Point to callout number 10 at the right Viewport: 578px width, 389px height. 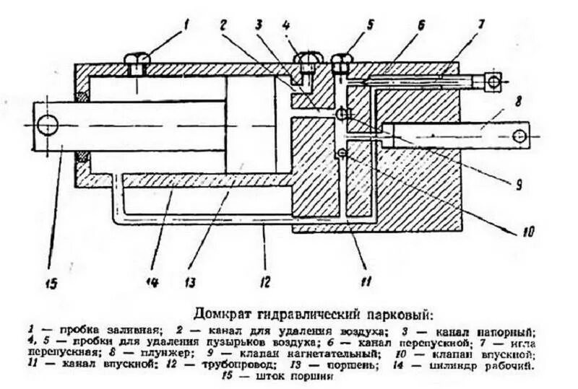526,232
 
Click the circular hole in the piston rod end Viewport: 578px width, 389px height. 48,126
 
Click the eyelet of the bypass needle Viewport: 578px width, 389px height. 493,83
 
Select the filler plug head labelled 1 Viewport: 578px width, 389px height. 137,59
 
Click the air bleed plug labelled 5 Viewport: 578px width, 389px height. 341,61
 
